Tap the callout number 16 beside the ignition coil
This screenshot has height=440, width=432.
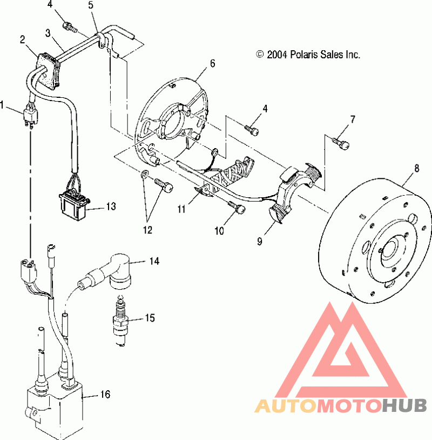(x=105, y=394)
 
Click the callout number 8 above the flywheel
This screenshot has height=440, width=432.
(x=416, y=168)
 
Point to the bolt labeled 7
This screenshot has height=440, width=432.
(x=341, y=144)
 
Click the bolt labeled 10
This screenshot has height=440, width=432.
(x=237, y=207)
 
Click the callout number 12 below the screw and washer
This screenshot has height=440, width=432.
(x=147, y=230)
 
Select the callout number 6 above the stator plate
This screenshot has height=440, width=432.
(x=213, y=63)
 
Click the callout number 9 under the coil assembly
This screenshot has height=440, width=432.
(x=260, y=241)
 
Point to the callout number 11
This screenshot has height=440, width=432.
(x=181, y=209)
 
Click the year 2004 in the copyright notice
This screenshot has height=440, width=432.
(x=277, y=55)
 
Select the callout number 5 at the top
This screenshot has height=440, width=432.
(x=91, y=5)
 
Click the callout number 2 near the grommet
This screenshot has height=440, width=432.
(x=23, y=39)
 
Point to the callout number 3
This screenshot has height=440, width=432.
(x=48, y=33)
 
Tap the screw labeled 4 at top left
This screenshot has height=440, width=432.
(x=69, y=27)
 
